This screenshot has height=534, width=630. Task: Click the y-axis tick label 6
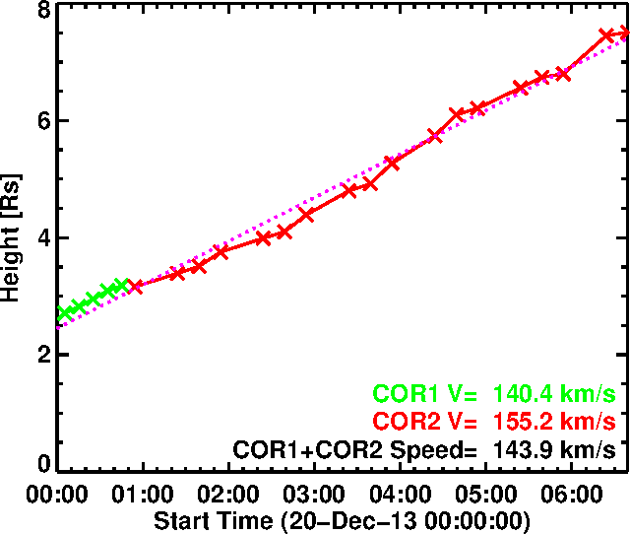[43, 122]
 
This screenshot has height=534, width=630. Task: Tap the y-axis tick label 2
[43, 356]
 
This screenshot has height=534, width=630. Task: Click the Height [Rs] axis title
[13, 236]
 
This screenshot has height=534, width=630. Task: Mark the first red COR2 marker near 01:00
[136, 287]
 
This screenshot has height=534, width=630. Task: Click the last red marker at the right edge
[623, 34]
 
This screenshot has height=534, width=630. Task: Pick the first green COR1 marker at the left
[65, 313]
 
